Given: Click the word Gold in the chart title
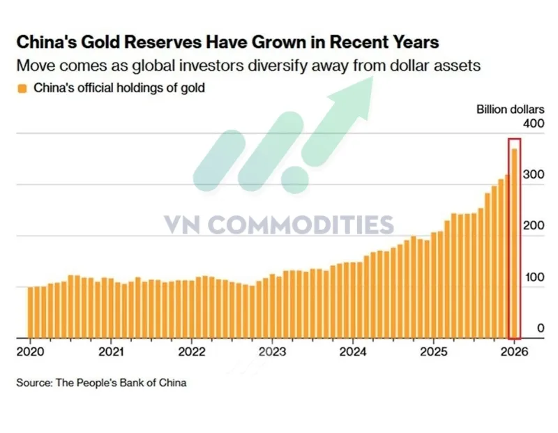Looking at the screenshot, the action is [99, 42].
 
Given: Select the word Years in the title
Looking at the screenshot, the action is [416, 42].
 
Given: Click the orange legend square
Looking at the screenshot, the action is [22, 89].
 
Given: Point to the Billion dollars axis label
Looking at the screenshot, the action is [511, 109].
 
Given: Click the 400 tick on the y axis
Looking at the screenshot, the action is [534, 124].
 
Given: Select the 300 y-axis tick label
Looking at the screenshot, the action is [534, 175].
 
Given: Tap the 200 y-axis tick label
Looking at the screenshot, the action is [534, 226].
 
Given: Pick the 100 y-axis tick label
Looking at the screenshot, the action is [534, 278].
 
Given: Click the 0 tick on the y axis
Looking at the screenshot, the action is [541, 328].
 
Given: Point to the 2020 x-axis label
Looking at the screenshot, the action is [31, 352].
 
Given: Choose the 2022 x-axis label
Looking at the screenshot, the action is [192, 352].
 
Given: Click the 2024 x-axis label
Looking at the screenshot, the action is [353, 352].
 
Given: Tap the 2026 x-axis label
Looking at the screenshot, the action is [514, 352].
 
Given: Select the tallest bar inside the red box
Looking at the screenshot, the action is [515, 243].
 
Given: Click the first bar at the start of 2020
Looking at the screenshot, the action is [30, 312].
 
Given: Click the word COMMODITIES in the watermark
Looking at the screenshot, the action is [301, 225].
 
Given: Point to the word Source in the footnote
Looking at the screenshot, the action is [34, 383].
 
